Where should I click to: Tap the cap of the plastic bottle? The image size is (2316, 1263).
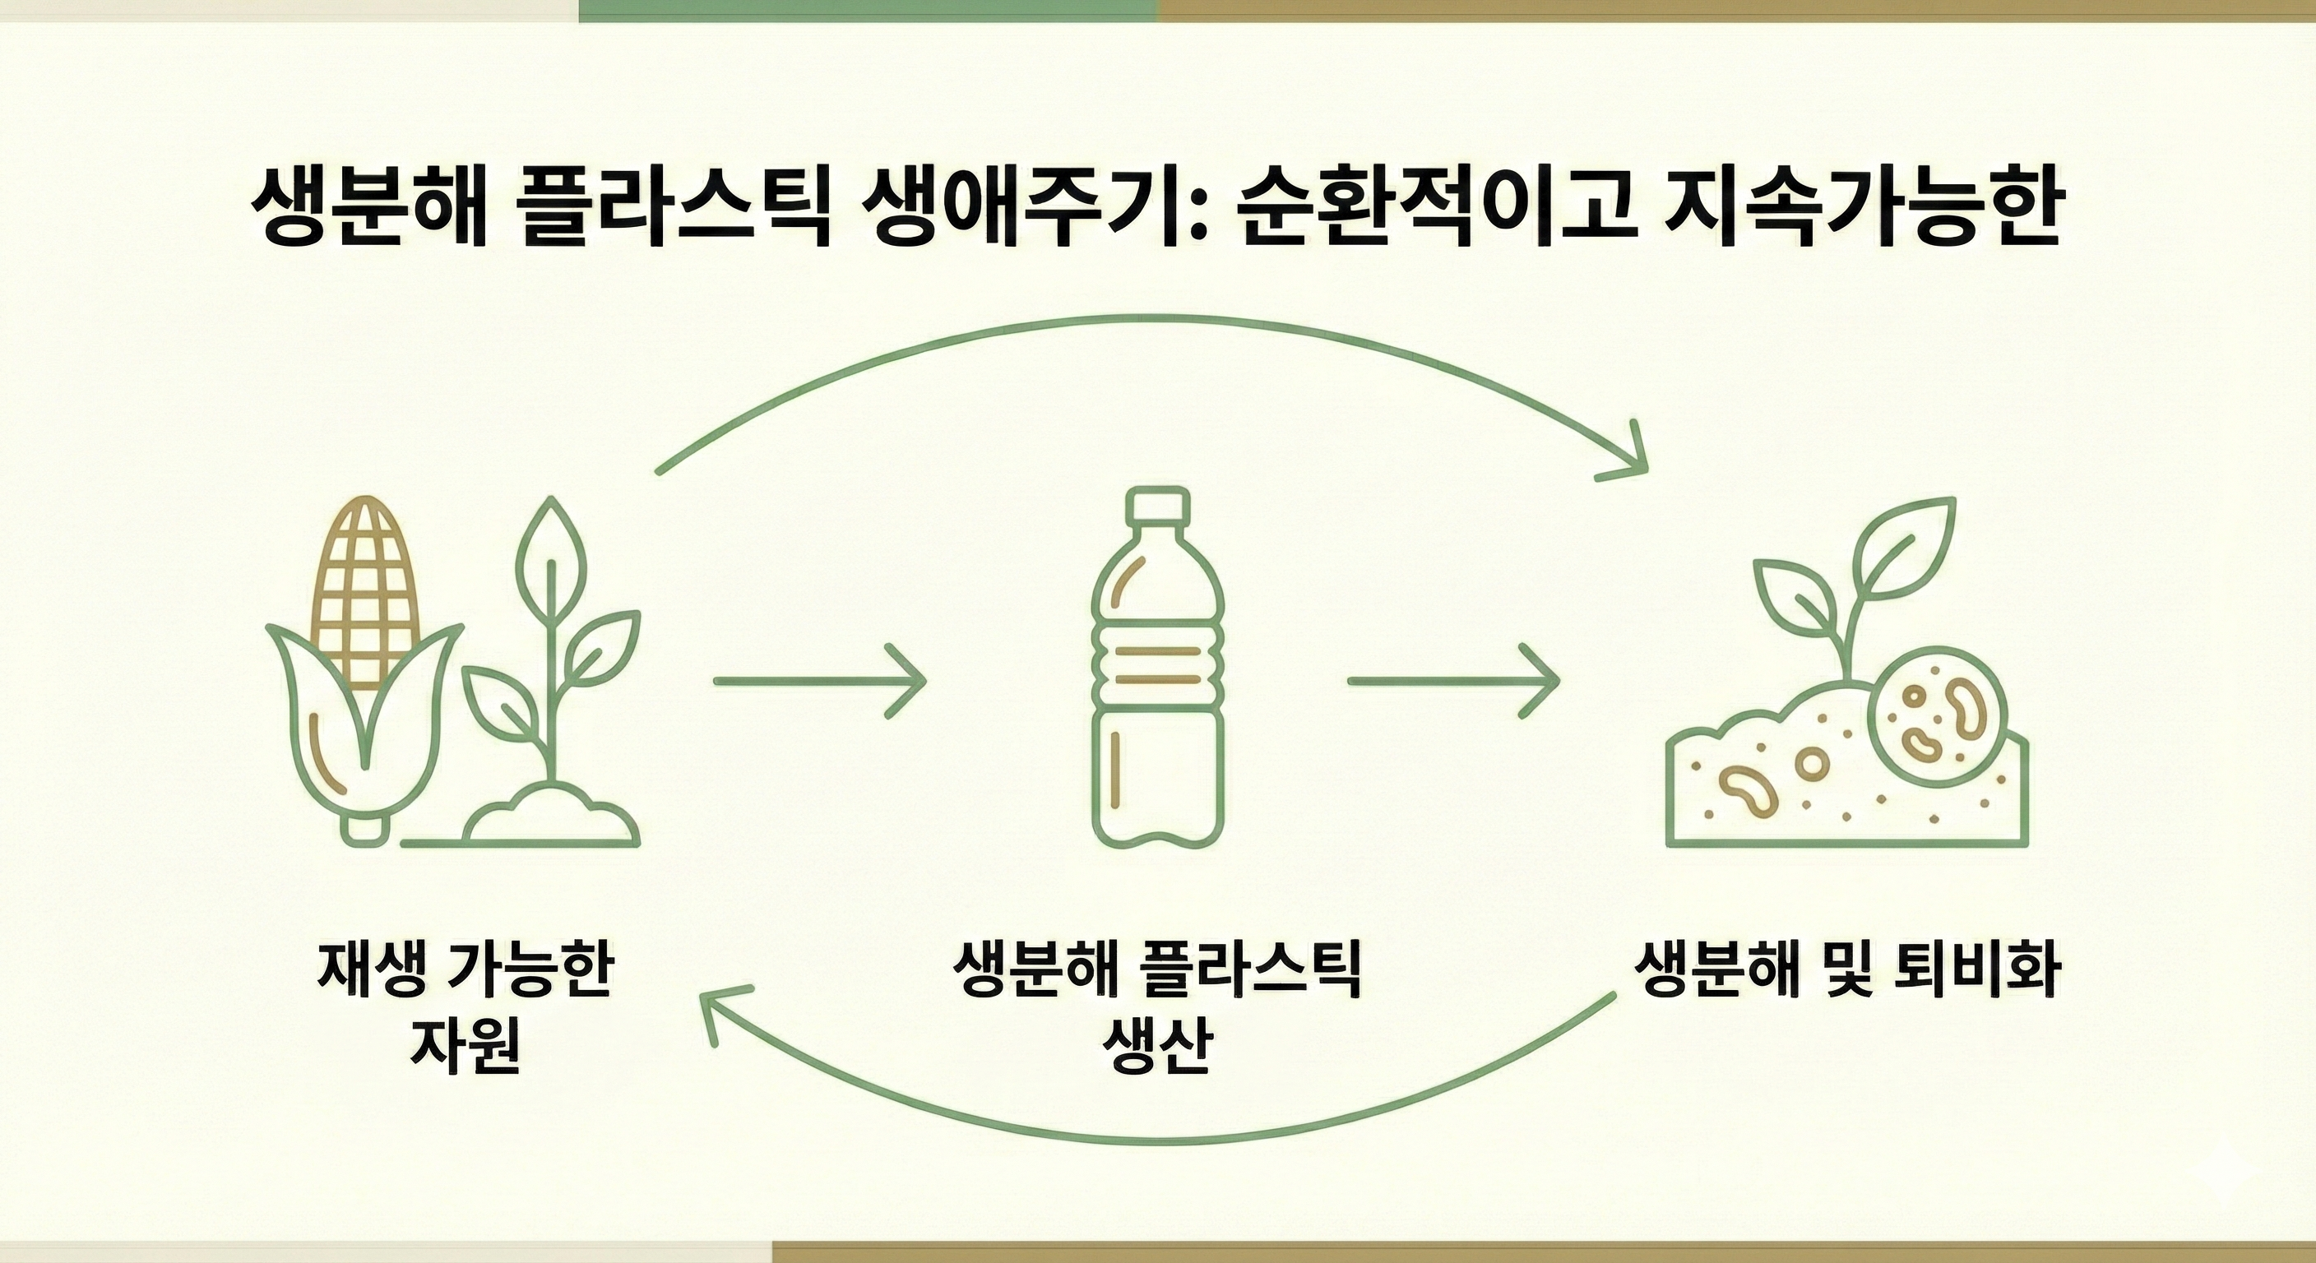point(1158,504)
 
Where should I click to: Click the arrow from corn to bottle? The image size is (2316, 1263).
point(818,682)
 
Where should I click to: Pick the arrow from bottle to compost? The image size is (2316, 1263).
point(1452,682)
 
